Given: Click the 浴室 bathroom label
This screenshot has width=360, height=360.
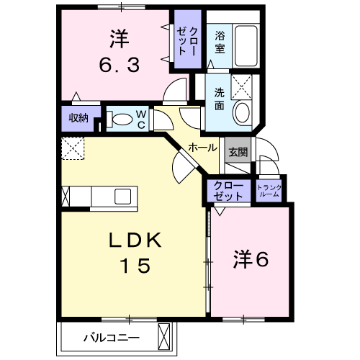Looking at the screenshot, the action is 220,42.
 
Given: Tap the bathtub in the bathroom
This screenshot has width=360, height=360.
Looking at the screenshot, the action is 246,46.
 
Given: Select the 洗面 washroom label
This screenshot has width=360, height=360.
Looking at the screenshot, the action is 219,99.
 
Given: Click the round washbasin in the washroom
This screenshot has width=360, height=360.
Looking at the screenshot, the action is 242,112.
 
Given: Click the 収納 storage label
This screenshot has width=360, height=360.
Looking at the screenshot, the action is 78,118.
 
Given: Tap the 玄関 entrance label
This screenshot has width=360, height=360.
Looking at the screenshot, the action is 238,152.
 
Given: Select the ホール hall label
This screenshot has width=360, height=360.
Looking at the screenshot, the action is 202,148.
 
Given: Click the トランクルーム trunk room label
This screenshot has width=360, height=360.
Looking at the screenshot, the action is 269,191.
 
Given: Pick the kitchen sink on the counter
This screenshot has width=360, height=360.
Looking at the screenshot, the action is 122,197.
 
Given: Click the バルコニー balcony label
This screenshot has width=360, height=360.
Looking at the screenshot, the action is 112,338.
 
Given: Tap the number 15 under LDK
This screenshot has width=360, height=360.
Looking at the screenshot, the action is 136,266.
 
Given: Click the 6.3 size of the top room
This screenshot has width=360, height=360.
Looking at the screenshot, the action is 120,66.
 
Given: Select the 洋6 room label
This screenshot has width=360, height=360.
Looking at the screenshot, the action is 251,259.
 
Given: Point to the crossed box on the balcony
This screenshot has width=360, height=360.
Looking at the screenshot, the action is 163,337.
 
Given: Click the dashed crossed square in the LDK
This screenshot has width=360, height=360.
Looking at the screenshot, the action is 73,148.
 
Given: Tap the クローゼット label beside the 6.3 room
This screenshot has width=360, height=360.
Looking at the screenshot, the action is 187,41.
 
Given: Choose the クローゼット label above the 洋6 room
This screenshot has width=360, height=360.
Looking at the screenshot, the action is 228,191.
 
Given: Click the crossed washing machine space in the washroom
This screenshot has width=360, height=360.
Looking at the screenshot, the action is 242,87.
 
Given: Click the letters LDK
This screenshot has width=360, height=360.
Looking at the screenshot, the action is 135,240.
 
